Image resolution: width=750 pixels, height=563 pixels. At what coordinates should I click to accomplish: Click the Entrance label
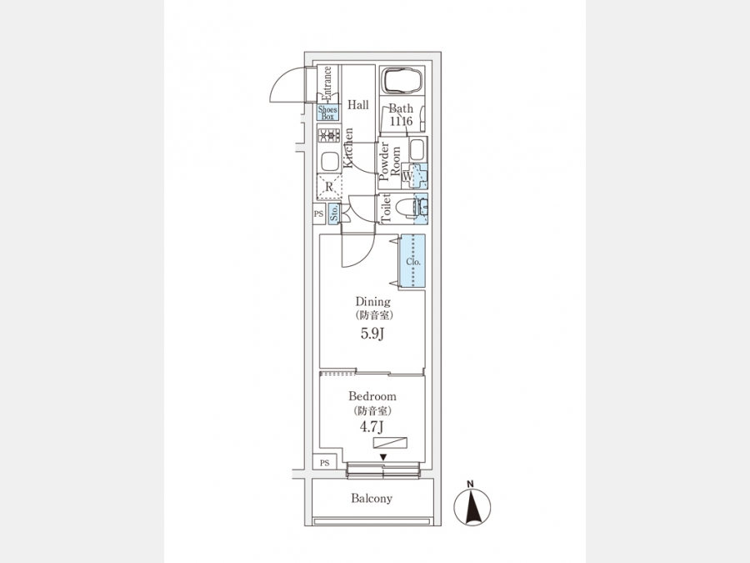327,83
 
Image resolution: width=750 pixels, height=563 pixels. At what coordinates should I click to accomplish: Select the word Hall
358,105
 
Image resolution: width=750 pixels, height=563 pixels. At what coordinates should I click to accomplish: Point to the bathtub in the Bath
403,83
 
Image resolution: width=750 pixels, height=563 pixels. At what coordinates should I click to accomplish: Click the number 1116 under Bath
401,122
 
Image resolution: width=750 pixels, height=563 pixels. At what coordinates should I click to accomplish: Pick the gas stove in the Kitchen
327,136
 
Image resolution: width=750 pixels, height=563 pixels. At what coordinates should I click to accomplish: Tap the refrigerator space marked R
329,187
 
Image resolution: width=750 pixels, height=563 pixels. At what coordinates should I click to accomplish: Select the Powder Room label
390,162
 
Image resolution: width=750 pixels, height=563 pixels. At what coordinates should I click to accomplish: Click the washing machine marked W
408,176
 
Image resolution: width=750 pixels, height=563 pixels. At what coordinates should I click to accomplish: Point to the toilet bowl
407,207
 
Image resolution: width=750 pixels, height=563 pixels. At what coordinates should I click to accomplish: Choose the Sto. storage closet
333,214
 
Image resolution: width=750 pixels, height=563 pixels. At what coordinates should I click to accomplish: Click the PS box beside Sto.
318,214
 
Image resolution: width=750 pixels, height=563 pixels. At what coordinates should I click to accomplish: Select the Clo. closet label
412,262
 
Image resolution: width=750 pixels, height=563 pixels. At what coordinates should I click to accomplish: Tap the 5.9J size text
372,334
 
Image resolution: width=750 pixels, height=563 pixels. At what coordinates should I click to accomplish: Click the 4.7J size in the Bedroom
372,428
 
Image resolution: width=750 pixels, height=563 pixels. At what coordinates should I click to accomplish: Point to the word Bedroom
372,396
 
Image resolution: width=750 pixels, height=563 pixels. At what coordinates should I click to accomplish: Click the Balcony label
372,499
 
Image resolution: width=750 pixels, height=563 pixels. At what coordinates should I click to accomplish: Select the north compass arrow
472,506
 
